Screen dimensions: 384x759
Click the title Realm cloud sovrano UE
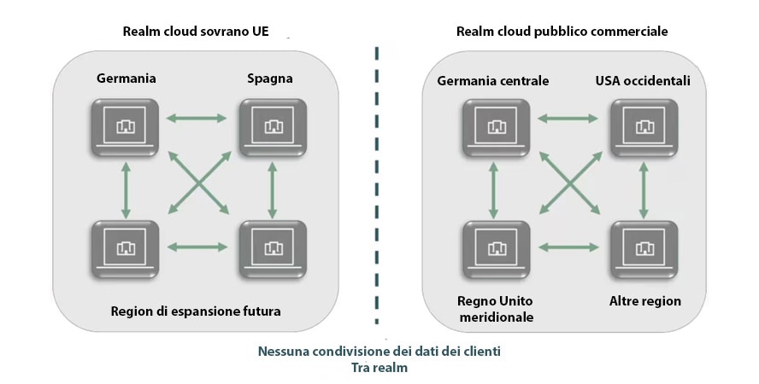(196, 32)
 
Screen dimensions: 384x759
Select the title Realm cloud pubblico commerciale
(562, 32)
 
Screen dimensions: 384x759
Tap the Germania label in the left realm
(126, 79)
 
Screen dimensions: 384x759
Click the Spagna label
(270, 79)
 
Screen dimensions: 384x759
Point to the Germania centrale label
(493, 81)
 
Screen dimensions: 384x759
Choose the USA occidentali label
(643, 81)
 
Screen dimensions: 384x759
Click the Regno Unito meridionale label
(495, 309)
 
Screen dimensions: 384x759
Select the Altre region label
(644, 301)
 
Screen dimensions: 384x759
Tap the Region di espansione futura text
(196, 311)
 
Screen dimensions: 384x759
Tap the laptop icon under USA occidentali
(643, 127)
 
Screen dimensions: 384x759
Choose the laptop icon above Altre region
(643, 248)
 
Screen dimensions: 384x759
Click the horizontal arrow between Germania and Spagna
(198, 118)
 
